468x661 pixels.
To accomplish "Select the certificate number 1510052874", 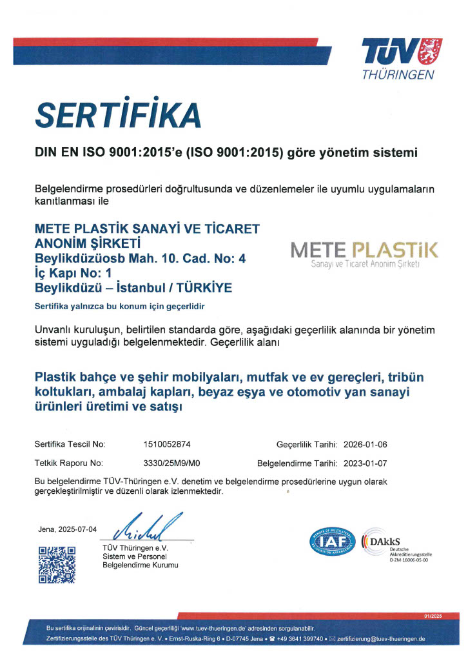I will click(x=167, y=445).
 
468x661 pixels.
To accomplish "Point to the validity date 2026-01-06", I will click(x=365, y=445).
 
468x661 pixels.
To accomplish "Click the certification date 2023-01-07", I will click(x=365, y=463).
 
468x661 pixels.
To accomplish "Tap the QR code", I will click(x=57, y=564).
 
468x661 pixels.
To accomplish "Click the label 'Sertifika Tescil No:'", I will click(x=70, y=445).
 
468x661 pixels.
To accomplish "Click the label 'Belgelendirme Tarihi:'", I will click(x=297, y=463).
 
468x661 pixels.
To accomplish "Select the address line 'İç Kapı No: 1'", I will click(x=73, y=273).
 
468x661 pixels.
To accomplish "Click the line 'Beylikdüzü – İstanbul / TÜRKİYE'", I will click(x=133, y=287).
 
